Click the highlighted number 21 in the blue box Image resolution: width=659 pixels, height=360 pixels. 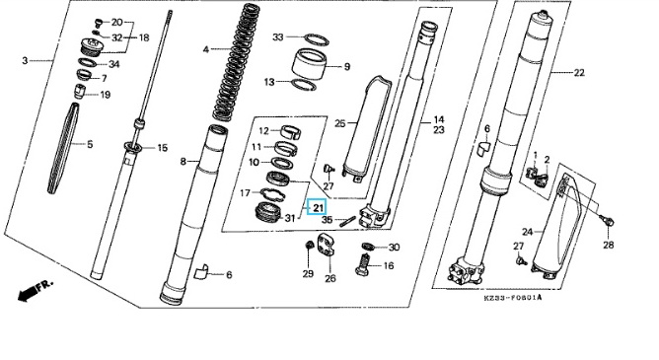click(318, 207)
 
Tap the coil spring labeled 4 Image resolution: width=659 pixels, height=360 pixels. click(238, 63)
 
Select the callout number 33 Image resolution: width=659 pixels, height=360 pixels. click(278, 37)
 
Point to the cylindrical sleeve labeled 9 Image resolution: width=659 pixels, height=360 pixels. click(310, 64)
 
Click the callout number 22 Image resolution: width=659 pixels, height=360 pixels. click(579, 73)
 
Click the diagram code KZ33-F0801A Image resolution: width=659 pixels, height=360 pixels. click(512, 298)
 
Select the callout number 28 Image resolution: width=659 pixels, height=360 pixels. click(608, 245)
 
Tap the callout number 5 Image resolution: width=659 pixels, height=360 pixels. click(90, 145)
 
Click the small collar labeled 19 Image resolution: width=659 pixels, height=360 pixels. click(80, 91)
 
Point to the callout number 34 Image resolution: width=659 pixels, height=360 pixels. click(113, 64)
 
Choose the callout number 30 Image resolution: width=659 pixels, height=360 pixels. click(394, 248)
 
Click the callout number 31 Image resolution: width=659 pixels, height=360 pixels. click(290, 218)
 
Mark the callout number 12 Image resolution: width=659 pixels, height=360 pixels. click(263, 131)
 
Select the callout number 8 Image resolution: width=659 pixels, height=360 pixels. click(183, 161)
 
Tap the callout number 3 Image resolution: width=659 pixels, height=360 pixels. click(25, 61)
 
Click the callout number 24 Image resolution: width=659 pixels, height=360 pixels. click(528, 232)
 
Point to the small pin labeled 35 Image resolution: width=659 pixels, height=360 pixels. click(348, 221)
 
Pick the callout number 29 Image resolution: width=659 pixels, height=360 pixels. click(308, 273)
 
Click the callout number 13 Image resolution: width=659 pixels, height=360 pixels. click(269, 82)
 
